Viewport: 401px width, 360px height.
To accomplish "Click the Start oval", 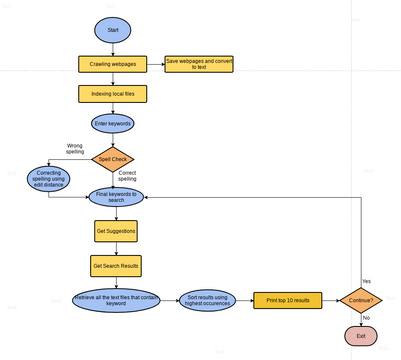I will point(113,30).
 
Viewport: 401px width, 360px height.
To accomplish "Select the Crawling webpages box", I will point(113,64).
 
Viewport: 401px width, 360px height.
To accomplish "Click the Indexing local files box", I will point(113,94).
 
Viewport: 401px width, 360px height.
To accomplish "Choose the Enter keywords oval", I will point(113,124).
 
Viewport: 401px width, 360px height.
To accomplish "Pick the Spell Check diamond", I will point(113,158).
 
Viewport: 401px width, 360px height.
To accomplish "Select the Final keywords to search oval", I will point(117,196).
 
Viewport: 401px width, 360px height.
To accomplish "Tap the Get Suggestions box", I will point(116,231).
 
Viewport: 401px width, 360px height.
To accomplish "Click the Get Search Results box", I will point(116,266).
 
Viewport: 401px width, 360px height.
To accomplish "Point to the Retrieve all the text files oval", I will point(116,299).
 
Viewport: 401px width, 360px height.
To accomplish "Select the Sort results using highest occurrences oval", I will point(210,299).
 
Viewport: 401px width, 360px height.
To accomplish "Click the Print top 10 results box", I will point(288,299).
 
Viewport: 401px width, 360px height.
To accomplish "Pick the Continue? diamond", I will point(360,299).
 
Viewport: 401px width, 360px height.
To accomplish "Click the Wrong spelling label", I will point(75,149).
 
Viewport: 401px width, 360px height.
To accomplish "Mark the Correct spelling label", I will point(148,174).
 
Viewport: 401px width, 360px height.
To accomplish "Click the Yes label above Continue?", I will point(366,281).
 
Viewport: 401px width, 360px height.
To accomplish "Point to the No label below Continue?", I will point(366,318).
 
